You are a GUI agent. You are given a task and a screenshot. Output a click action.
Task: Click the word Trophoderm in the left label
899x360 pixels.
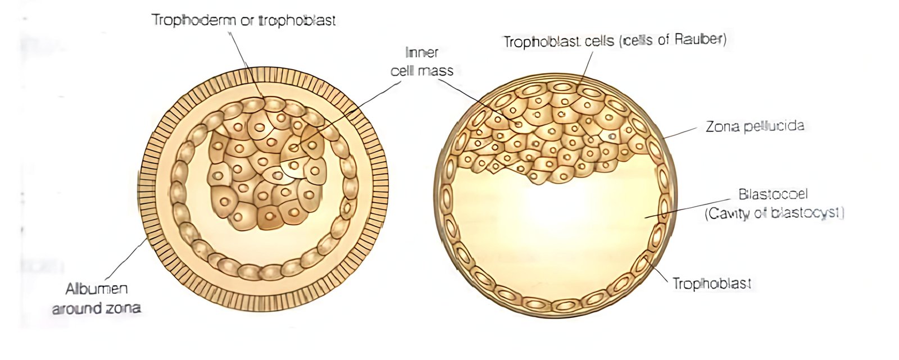coord(193,20)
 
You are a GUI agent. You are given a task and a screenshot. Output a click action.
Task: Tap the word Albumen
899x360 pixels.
coord(97,289)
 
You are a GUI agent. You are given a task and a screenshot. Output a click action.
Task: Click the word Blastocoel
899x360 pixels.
coord(773,194)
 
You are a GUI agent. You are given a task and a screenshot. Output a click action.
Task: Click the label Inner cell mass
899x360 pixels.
coord(422,61)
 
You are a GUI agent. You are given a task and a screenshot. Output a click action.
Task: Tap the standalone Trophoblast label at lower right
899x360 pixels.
coord(711,284)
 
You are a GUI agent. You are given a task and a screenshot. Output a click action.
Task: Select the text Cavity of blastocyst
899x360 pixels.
coord(775,213)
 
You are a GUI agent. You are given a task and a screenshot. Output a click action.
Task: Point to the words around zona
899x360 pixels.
coord(96,308)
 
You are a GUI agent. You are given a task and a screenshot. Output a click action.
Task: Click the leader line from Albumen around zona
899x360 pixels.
coord(126,258)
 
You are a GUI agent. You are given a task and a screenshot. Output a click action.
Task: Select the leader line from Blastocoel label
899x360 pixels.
coord(687,208)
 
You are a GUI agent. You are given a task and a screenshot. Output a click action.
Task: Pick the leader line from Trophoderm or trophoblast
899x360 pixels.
coord(246,65)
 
